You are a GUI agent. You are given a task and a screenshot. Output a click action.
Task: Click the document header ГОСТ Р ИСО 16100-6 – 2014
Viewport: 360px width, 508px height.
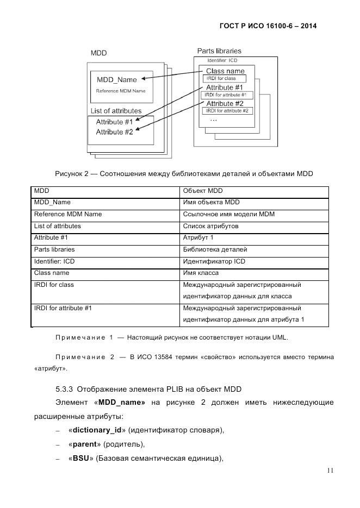coord(268,26)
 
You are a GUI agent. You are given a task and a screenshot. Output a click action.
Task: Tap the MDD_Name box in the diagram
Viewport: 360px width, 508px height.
coord(117,80)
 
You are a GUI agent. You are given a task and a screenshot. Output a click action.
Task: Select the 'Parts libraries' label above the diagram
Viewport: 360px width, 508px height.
coord(219,51)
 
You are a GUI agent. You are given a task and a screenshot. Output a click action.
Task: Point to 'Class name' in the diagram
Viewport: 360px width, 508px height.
coord(225,71)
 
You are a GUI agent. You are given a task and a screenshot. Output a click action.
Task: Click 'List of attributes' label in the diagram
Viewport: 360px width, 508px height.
coord(116,111)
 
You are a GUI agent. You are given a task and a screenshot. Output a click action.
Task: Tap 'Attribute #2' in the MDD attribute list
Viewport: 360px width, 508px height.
coord(114,131)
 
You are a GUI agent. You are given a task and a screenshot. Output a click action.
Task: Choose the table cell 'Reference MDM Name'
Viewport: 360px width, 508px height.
coord(68,214)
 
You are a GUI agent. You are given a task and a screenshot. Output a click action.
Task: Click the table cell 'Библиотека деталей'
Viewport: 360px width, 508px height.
coord(215,249)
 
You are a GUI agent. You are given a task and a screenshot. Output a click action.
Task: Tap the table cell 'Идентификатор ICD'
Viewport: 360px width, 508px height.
coord(214,261)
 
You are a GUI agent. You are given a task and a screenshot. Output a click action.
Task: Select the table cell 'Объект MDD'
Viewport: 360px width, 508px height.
coord(203,191)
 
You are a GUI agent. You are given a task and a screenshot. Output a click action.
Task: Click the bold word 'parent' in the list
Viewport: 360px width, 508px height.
coord(84,444)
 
